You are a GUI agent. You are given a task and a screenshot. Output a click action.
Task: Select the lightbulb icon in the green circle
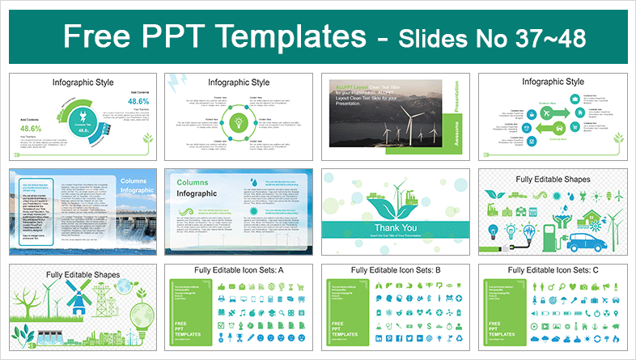click(x=239, y=122)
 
